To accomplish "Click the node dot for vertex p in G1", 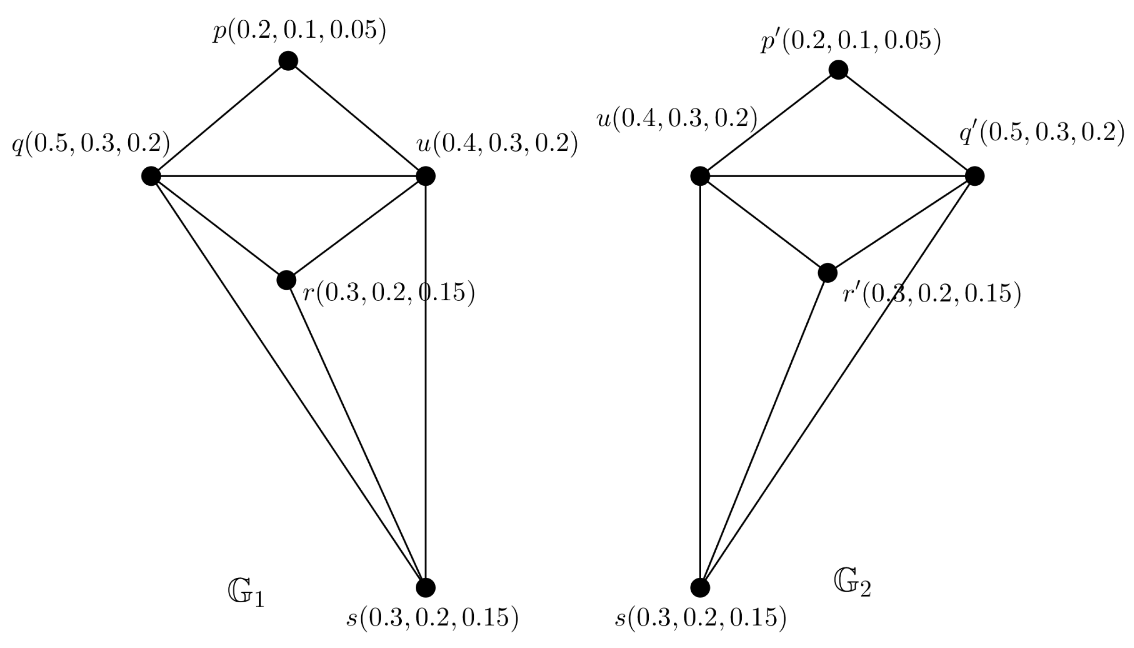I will pyautogui.click(x=288, y=61).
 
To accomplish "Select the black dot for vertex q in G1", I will pyautogui.click(x=151, y=176).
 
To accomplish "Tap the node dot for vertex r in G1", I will pyautogui.click(x=286, y=280).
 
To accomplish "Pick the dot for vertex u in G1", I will pyautogui.click(x=425, y=176).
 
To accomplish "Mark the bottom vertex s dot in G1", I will pyautogui.click(x=425, y=587).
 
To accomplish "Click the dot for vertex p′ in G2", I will pyautogui.click(x=838, y=70).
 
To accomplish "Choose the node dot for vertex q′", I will pyautogui.click(x=975, y=176).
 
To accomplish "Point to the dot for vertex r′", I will pyautogui.click(x=828, y=273).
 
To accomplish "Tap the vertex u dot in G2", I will pyautogui.click(x=700, y=176).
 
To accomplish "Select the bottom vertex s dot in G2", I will pyautogui.click(x=700, y=587).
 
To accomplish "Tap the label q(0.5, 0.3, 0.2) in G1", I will pyautogui.click(x=91, y=144).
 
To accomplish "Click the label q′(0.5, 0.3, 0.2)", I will pyautogui.click(x=1041, y=133).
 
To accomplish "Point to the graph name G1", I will pyautogui.click(x=246, y=595).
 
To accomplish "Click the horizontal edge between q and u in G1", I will pyautogui.click(x=288, y=176).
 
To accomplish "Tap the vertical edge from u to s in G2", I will pyautogui.click(x=700, y=382).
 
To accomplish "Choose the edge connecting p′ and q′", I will pyautogui.click(x=906, y=123).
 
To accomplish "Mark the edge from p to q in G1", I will pyautogui.click(x=219, y=119).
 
